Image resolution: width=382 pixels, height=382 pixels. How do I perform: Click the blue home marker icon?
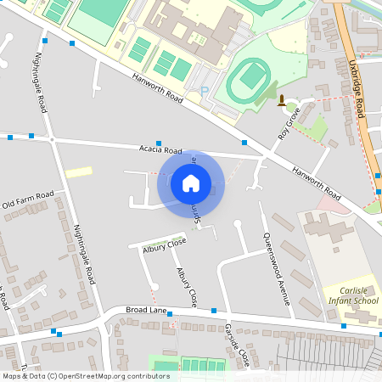[x=191, y=183]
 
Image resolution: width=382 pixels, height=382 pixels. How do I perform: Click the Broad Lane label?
[x=143, y=311]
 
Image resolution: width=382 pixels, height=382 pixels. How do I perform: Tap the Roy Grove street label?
[x=289, y=123]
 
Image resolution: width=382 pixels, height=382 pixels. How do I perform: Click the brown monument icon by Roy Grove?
[x=282, y=102]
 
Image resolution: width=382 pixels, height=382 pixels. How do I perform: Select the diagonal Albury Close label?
[x=188, y=286]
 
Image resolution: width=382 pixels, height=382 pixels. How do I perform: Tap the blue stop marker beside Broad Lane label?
[x=170, y=315]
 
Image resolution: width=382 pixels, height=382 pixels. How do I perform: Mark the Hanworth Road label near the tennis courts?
[x=159, y=89]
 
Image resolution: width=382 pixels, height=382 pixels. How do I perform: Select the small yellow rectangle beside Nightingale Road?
[x=79, y=171]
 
